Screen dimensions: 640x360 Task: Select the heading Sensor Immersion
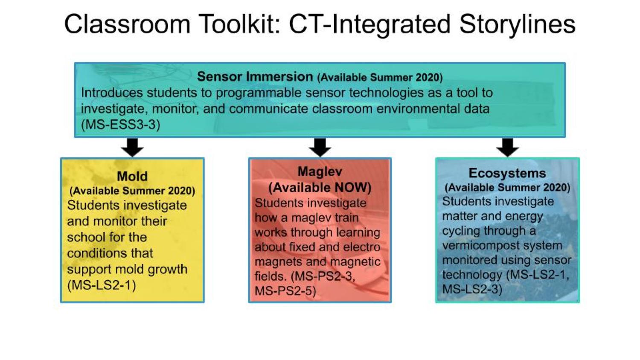pyautogui.click(x=255, y=77)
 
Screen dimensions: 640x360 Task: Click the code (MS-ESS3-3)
pyautogui.click(x=121, y=125)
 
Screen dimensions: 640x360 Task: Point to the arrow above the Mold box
pyautogui.click(x=132, y=148)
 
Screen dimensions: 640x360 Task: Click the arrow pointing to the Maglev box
pyautogui.click(x=320, y=148)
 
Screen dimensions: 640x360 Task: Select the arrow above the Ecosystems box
pyautogui.click(x=507, y=148)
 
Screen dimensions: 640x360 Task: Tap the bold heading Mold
pyautogui.click(x=132, y=176)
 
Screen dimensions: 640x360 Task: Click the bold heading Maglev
pyautogui.click(x=320, y=172)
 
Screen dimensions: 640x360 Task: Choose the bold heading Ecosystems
pyautogui.click(x=507, y=173)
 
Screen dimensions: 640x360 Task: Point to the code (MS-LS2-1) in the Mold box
pyautogui.click(x=102, y=285)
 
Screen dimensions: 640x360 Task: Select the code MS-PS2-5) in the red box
pyautogui.click(x=285, y=291)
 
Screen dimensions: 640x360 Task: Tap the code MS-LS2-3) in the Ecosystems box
pyautogui.click(x=472, y=289)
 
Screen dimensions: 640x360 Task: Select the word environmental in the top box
pyautogui.click(x=419, y=109)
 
